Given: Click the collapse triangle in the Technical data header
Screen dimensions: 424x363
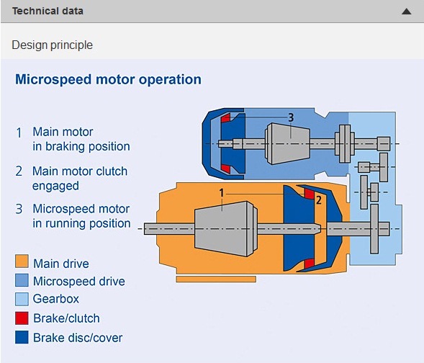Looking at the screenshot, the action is pos(407,12).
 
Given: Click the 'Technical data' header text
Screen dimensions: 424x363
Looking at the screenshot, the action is pos(48,11).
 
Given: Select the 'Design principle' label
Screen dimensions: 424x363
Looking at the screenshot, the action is pos(52,45).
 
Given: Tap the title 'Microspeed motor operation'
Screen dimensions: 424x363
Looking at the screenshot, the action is pos(108,79).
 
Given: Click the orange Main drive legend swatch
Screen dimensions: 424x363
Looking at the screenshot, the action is pos(22,261).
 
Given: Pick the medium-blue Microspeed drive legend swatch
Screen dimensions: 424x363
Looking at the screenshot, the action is pos(22,280).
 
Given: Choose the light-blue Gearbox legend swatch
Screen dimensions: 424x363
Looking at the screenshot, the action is pos(22,299).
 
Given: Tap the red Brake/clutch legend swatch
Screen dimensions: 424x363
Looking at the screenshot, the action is pos(22,318).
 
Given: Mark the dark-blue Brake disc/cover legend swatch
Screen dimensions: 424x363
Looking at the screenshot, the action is pos(22,337).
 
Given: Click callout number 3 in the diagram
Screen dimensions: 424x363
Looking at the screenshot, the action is pos(291,117).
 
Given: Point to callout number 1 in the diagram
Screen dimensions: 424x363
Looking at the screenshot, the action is pos(222,193).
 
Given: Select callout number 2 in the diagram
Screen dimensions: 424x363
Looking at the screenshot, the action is pos(319,200).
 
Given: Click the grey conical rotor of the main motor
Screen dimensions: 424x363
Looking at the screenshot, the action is pos(225,228).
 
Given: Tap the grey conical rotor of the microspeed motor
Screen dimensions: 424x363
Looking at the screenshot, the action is pos(287,143).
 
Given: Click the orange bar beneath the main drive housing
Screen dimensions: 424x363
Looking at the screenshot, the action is pos(216,279).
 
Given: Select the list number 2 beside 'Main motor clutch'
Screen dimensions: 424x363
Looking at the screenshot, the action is pos(19,171).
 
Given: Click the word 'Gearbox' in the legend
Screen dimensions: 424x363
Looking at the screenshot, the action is pos(56,299).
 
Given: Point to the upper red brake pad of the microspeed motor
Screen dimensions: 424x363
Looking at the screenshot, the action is pos(226,118).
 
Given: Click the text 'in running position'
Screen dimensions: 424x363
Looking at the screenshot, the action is pos(81,223).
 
